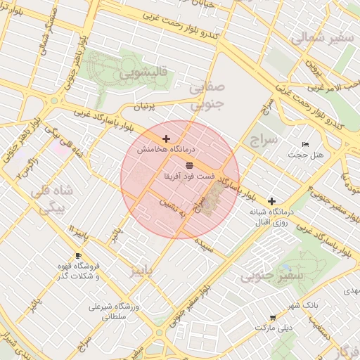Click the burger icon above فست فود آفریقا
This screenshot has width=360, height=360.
coord(189,165)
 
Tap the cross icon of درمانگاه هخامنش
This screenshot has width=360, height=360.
coord(166,139)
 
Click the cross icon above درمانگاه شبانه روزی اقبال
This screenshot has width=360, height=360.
coord(271,201)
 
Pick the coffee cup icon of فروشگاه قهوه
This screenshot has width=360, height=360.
coord(78,256)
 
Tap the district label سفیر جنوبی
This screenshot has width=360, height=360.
coord(271,276)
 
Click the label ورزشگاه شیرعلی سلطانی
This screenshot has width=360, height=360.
coord(115,311)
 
